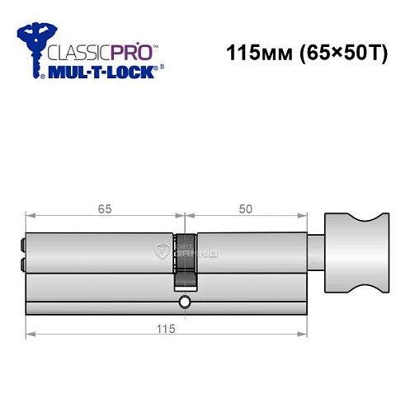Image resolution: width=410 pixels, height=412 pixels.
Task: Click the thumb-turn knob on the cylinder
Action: tap(354, 255)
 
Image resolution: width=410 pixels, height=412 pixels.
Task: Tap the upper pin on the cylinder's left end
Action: tap(21, 244)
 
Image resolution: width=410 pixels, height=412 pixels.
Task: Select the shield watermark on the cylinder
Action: tap(162, 251)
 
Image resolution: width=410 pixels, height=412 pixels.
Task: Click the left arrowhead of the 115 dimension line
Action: tap(30, 334)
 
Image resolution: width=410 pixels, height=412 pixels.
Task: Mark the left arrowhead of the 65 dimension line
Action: tap(30, 218)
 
